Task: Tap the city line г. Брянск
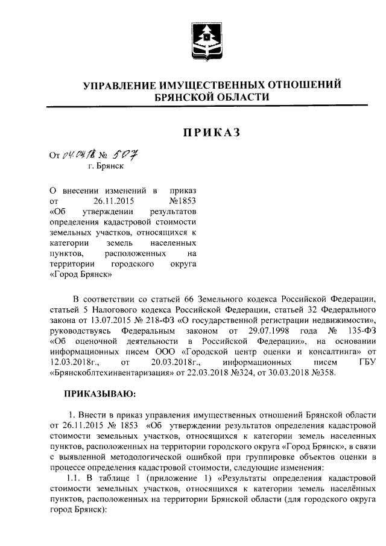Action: coord(105,167)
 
